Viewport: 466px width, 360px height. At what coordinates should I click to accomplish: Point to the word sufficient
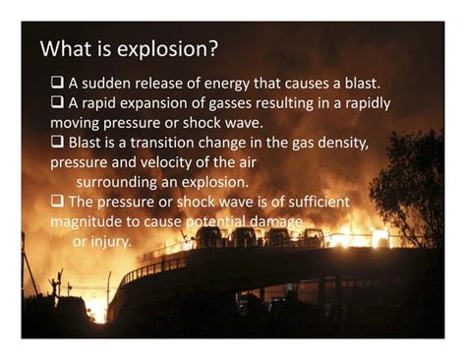point(317,202)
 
